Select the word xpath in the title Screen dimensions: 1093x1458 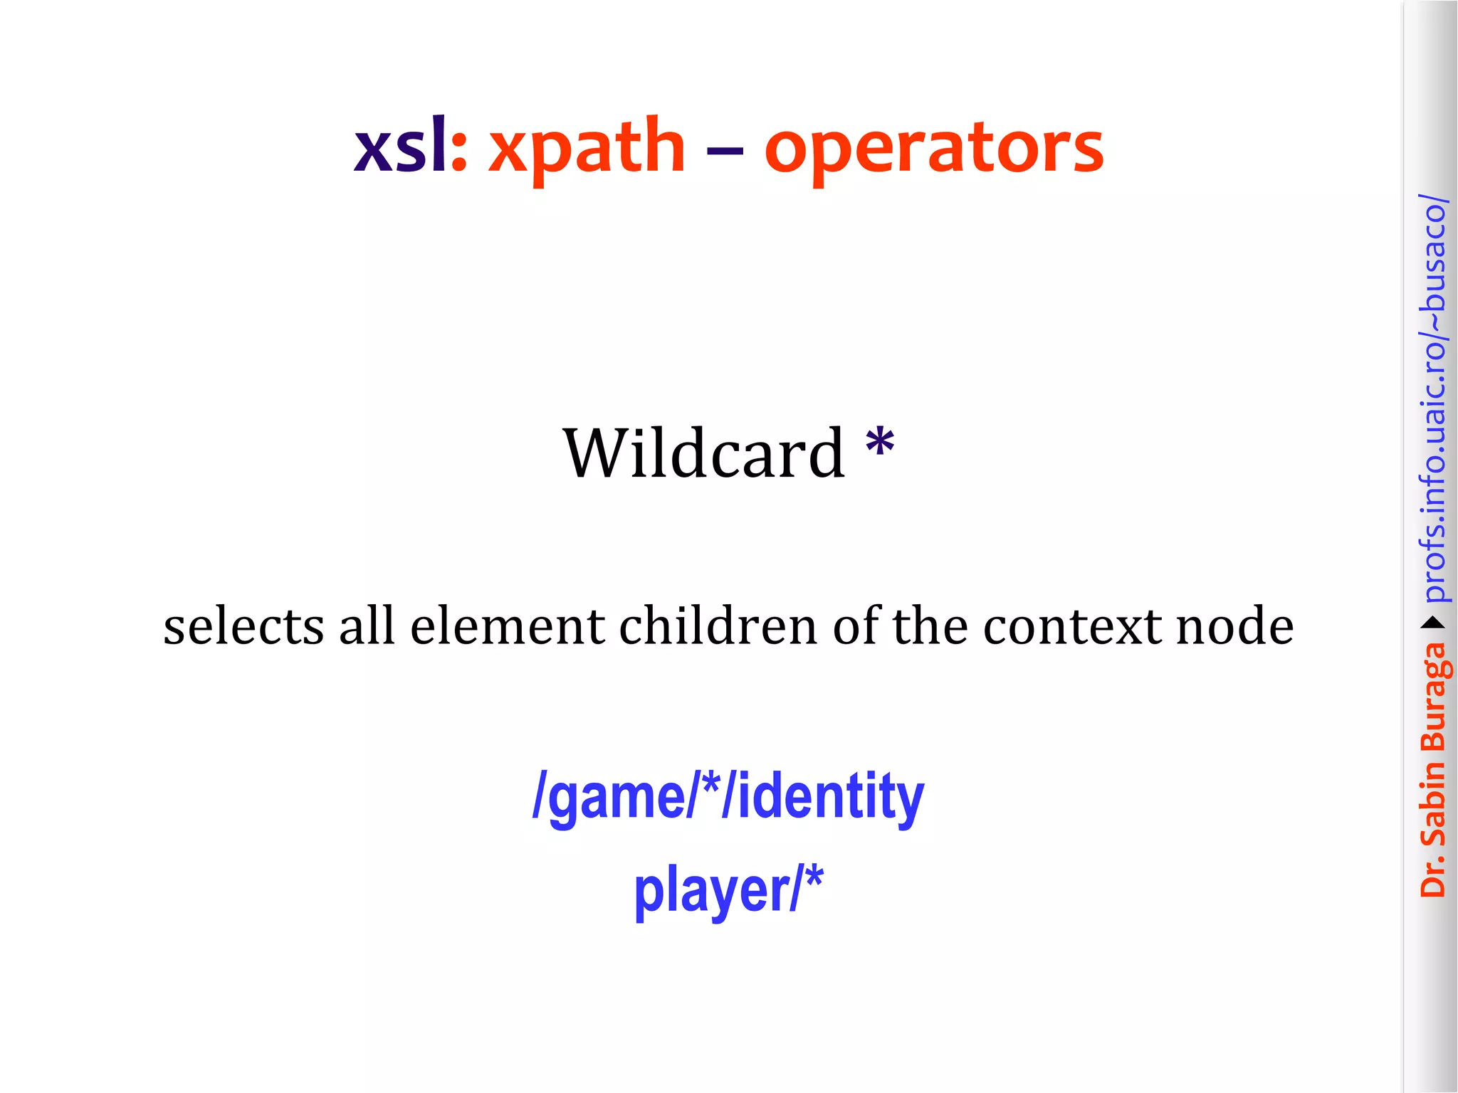(587, 148)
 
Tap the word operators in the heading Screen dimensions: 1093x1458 (933, 148)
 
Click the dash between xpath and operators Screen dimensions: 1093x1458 (725, 150)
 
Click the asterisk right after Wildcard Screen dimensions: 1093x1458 (880, 443)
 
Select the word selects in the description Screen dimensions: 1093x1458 (244, 626)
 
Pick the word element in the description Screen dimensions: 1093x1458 (507, 626)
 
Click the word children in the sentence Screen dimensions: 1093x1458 (718, 626)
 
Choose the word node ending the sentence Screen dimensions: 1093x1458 (1234, 626)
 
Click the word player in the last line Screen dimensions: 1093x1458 (712, 891)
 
